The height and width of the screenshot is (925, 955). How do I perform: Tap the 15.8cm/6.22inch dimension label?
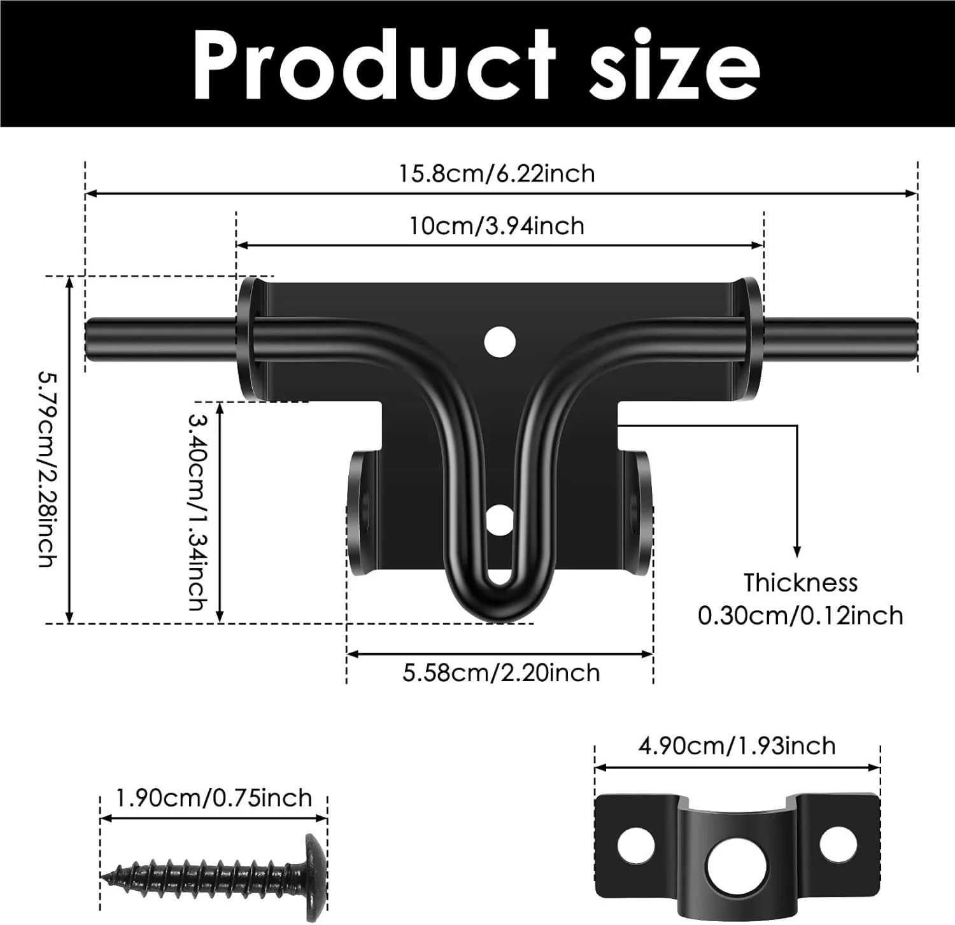[497, 173]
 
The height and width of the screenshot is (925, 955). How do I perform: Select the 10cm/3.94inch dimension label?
[497, 226]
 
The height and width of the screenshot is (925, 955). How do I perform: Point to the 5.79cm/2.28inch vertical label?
[48, 469]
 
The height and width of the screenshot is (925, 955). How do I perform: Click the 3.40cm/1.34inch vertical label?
[197, 511]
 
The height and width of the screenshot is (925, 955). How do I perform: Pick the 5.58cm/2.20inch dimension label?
[501, 673]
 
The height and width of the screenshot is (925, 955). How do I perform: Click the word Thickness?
[800, 583]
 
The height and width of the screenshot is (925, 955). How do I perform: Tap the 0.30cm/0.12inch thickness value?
[800, 616]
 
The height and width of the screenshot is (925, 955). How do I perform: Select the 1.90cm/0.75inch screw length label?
[214, 798]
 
